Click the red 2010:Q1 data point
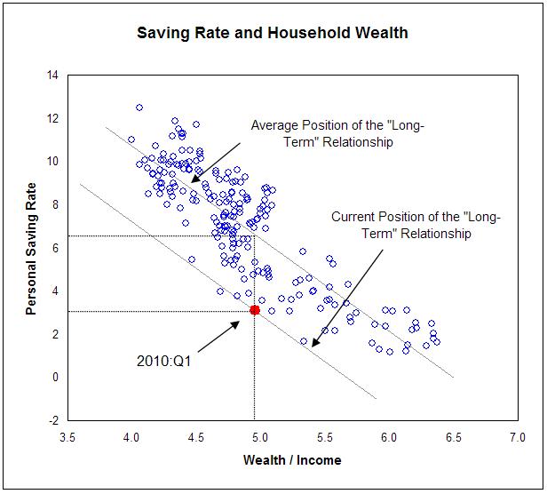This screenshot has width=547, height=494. tap(255, 310)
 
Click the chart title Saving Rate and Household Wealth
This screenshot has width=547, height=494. tap(273, 34)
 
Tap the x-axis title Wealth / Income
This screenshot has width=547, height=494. tap(292, 460)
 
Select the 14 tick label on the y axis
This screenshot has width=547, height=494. tap(52, 76)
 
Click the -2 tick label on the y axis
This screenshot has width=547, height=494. tap(52, 420)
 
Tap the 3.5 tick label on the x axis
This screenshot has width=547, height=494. tap(67, 439)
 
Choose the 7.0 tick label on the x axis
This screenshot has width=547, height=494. tap(517, 439)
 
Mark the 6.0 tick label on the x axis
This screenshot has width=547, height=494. tap(388, 439)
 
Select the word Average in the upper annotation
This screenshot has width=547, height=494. tap(274, 125)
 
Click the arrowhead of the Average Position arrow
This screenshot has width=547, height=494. tap(193, 180)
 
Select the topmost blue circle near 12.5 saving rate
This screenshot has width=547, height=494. tap(139, 108)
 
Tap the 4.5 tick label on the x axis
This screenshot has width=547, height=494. tap(195, 439)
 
